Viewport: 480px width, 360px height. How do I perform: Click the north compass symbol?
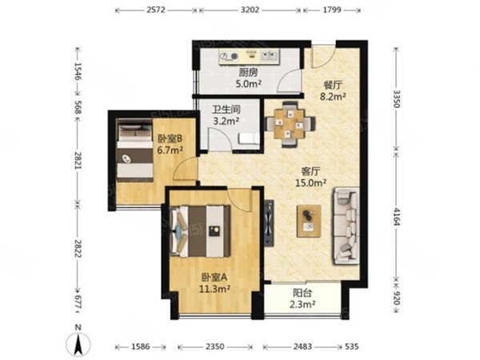(x=78, y=342)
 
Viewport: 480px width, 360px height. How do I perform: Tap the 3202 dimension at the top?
(x=250, y=10)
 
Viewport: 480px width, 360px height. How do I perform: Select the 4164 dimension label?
(x=397, y=217)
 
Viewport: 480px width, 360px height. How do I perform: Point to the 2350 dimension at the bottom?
(x=214, y=347)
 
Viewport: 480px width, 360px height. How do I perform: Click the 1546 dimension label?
(x=78, y=71)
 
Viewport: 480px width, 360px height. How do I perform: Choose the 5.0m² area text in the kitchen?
(x=248, y=84)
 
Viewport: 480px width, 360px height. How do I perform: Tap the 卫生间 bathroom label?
(x=226, y=110)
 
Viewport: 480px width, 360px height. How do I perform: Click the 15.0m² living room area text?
(x=310, y=183)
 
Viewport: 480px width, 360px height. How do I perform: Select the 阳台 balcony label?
(x=302, y=293)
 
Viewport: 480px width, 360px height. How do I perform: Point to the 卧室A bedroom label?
(x=214, y=278)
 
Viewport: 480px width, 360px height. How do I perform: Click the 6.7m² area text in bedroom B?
(x=170, y=150)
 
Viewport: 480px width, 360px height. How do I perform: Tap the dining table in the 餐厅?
(x=290, y=124)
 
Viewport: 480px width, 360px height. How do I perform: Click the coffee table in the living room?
(x=309, y=221)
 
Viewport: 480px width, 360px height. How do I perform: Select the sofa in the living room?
(x=346, y=226)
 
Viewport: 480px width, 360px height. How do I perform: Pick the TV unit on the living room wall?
(x=269, y=223)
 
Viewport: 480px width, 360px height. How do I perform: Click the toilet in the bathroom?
(x=249, y=138)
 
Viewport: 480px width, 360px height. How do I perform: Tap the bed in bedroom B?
(x=135, y=150)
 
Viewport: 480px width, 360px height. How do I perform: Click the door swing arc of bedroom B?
(x=184, y=168)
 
